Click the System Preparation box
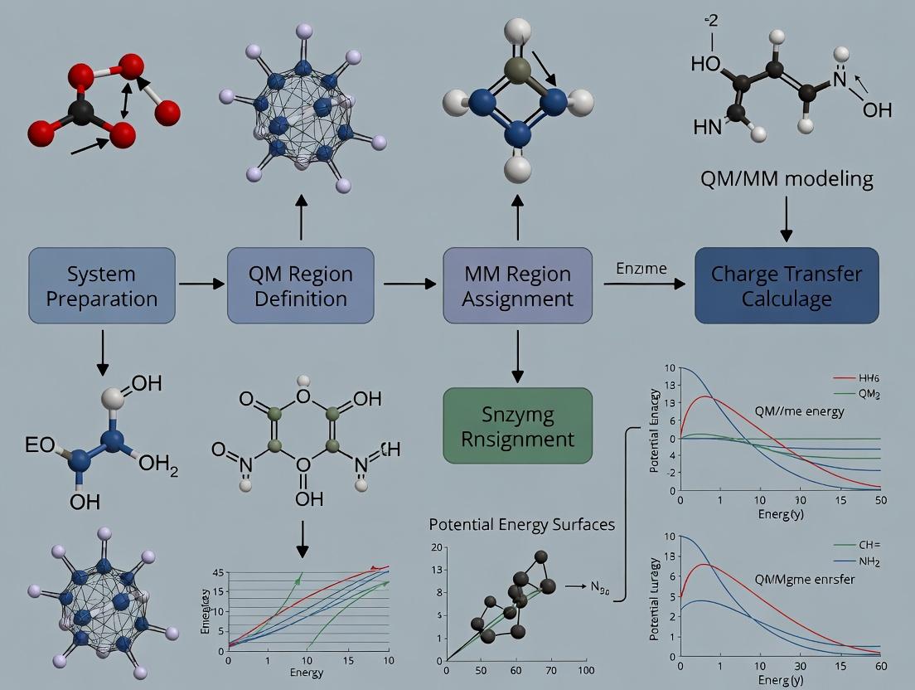point(102,285)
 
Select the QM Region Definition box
point(301,285)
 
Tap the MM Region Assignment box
point(518,285)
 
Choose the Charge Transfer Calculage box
point(786,285)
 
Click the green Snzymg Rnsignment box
point(518,425)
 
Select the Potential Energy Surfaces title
point(522,525)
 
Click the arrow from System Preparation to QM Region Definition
point(201,284)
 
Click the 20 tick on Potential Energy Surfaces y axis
point(437,548)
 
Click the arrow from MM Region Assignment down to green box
point(518,356)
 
